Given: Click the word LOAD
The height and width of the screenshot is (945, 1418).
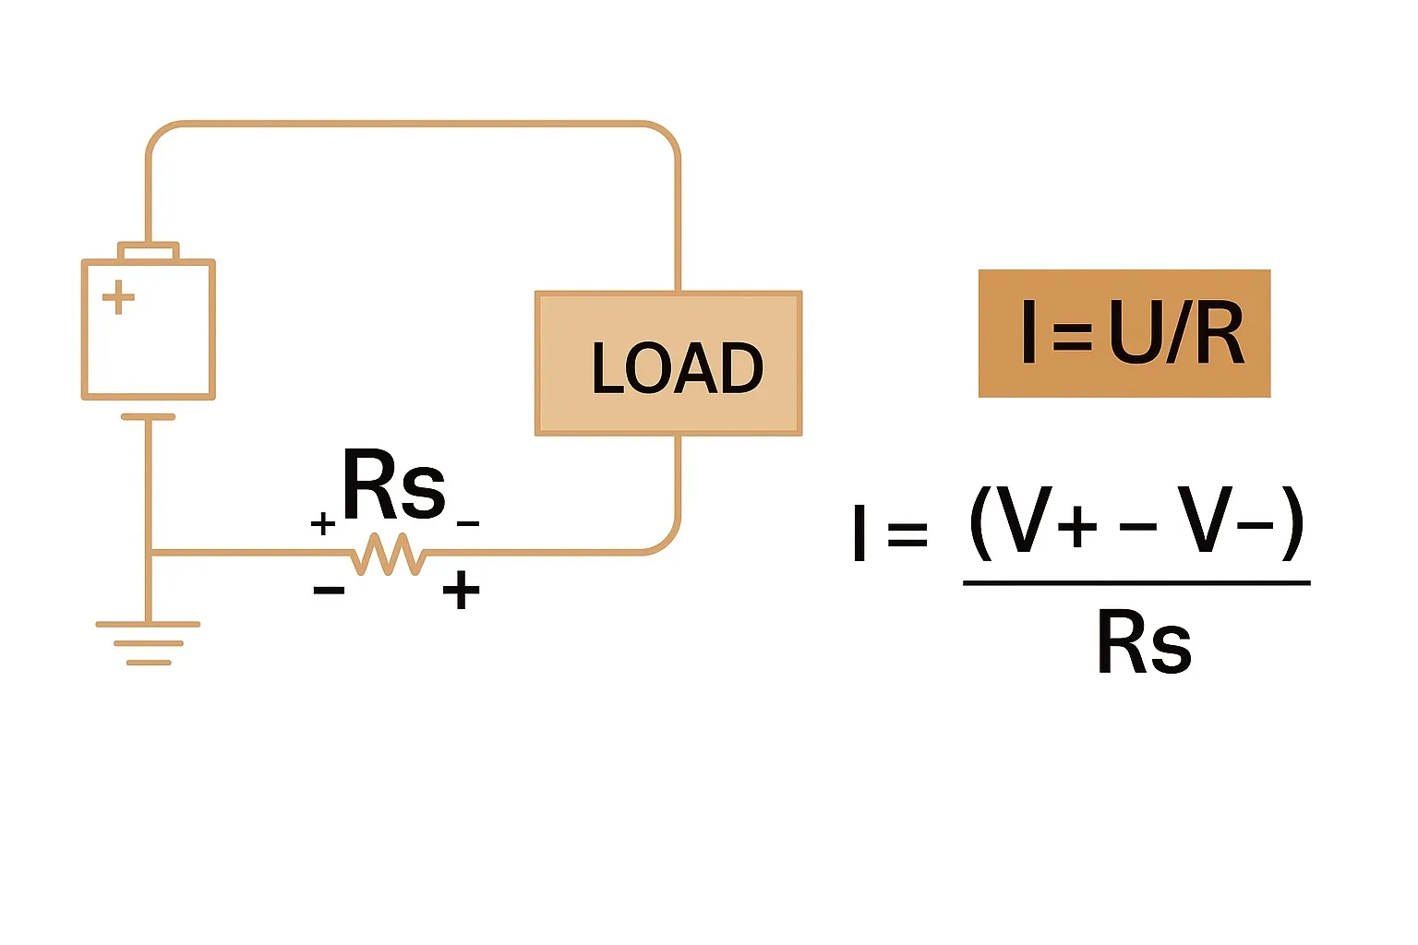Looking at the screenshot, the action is (678, 367).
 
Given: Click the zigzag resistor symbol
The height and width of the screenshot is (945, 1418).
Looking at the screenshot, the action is (388, 554).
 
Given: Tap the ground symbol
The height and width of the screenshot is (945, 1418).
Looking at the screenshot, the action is (148, 643).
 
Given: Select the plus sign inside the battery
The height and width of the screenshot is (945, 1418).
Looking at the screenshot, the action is (118, 297).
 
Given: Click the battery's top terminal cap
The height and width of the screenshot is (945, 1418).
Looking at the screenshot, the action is (148, 251).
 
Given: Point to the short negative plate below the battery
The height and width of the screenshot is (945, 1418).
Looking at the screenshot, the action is (148, 416).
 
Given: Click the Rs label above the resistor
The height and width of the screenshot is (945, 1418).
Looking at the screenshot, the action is (394, 484).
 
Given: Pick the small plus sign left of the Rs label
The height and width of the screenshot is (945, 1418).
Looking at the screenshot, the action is (323, 523).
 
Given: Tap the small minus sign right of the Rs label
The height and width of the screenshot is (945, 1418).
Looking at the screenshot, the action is (468, 523).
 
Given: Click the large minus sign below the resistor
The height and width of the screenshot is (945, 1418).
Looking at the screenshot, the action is (329, 591).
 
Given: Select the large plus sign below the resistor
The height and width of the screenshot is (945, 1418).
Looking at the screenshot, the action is (461, 590).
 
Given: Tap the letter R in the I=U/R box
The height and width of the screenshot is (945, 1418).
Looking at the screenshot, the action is (1218, 332).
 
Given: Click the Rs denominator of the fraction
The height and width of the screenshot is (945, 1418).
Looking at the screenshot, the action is (1145, 641).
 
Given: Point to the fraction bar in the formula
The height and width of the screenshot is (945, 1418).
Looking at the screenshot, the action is (1136, 583).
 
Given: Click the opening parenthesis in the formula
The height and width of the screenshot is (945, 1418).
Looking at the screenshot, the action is (980, 523).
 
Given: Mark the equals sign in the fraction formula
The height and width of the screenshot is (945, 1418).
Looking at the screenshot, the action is (907, 534).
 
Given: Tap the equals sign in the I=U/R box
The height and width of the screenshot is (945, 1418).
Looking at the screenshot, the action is (1073, 337).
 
